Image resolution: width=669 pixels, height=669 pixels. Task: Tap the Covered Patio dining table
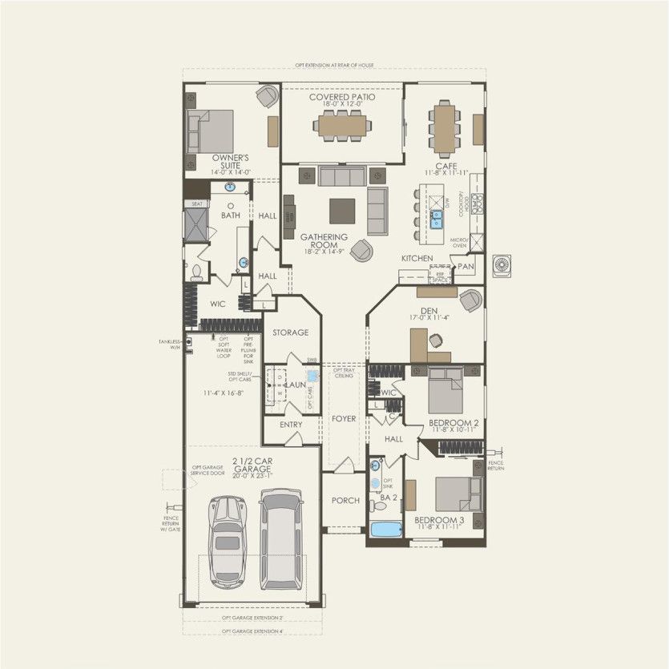tap(342, 125)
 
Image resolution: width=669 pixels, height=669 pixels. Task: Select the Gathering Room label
tap(324, 241)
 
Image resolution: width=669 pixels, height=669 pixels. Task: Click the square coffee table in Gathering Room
tap(343, 211)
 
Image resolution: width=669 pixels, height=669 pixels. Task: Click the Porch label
tap(345, 501)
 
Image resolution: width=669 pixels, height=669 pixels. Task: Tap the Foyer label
tap(344, 419)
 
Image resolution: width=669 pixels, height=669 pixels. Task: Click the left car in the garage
tap(228, 540)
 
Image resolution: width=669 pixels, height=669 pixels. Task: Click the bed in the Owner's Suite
tap(210, 131)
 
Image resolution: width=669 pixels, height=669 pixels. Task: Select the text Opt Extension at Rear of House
tap(334, 65)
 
